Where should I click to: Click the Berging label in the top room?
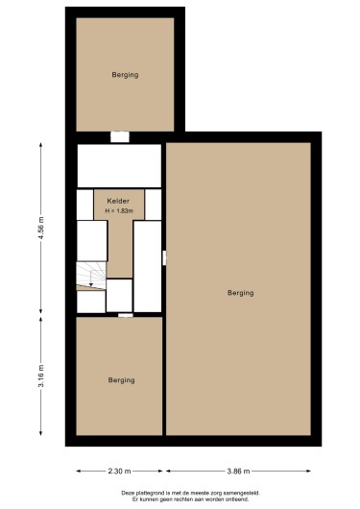pos(125,74)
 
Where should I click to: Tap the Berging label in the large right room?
pos(240,292)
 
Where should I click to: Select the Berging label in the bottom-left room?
pos(121,380)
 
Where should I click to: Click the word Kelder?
pos(118,201)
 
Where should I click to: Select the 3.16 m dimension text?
pos(40,370)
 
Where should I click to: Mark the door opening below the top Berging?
pos(119,136)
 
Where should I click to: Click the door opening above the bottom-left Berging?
pos(125,314)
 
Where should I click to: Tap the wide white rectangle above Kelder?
pos(119,165)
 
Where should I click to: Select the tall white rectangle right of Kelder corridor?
pos(147,265)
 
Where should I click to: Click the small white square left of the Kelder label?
pos(85,204)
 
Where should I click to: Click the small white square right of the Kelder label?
pos(153,204)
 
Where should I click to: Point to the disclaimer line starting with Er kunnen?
pos(180,499)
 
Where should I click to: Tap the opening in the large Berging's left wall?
pos(165,256)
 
